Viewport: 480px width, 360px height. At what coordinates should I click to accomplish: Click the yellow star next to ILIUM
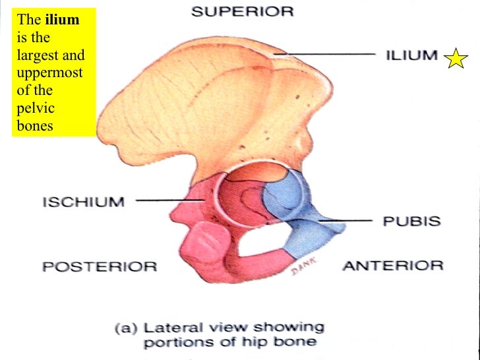pos(456,58)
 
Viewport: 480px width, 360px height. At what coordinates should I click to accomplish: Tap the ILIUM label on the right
pos(411,55)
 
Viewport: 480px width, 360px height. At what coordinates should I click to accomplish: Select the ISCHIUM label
pos(84,202)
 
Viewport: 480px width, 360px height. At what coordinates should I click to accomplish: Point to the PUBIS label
pos(411,221)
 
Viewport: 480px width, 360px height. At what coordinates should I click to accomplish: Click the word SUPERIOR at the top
pos(243,12)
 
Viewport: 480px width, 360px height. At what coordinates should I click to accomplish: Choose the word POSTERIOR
pos(100,266)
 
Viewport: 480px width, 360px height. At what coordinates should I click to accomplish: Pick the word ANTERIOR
pos(393,266)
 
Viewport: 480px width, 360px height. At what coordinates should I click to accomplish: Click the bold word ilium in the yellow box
pos(63,20)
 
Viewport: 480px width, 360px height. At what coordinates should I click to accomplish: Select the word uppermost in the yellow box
pos(49,73)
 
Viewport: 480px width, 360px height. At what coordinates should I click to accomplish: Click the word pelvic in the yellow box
pos(36,108)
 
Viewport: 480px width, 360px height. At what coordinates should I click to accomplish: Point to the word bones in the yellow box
pos(35,125)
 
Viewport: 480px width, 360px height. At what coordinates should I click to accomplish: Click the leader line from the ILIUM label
pos(325,54)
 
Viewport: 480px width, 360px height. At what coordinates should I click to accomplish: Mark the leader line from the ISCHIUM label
pos(170,200)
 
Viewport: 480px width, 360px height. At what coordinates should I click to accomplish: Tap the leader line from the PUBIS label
pos(346,220)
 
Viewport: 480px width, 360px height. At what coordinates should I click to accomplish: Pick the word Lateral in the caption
pos(173,328)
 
